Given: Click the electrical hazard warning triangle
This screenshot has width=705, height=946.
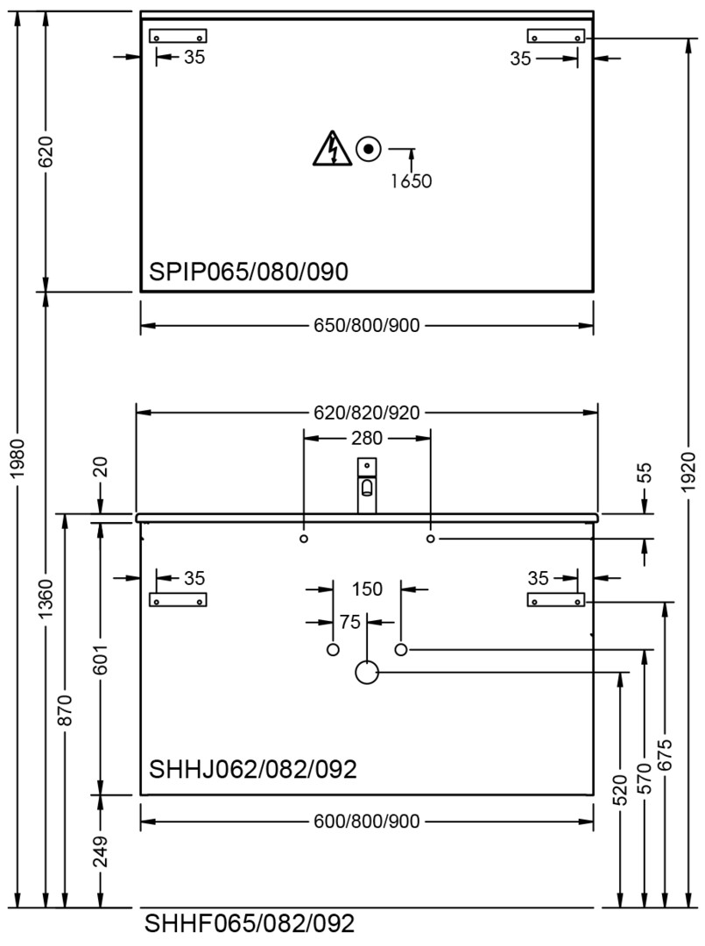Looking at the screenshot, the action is [x=332, y=148].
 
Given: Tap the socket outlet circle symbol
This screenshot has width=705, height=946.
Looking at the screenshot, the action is [x=369, y=148].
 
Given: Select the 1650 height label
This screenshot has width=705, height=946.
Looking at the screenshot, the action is [x=412, y=181].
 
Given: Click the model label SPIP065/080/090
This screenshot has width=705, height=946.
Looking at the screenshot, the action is [x=249, y=272].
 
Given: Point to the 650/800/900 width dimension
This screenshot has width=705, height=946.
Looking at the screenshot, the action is [x=367, y=326].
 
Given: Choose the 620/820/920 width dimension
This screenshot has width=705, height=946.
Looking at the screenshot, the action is [x=367, y=413].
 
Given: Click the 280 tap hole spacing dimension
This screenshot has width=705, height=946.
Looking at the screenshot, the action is [x=367, y=438].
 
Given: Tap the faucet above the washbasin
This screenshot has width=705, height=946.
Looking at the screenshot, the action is [x=367, y=485].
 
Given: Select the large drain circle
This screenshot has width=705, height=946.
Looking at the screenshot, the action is [x=367, y=672].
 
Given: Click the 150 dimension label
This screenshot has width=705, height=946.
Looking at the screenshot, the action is [x=367, y=589].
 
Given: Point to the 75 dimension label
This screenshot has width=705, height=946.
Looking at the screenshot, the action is [x=349, y=622].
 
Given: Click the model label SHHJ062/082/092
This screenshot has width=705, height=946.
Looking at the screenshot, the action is [x=253, y=769].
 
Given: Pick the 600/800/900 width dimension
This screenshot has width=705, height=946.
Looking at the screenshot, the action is [x=367, y=822].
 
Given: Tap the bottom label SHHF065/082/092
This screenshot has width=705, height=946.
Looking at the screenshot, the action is [x=250, y=924].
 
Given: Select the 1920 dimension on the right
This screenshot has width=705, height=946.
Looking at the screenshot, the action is [x=688, y=472].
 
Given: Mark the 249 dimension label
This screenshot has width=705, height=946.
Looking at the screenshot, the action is [x=101, y=851].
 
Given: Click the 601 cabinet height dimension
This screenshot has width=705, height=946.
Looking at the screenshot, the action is [x=101, y=658].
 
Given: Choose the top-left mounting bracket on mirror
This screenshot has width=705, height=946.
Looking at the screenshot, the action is [x=178, y=36].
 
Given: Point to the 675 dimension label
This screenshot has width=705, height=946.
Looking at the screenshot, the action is [x=665, y=755].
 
